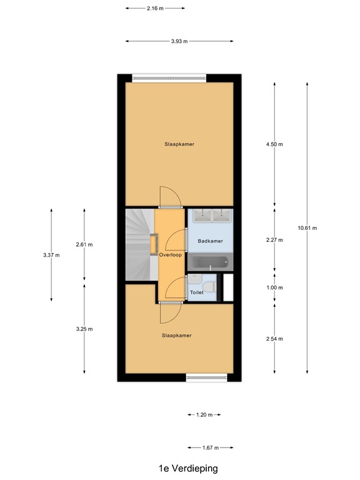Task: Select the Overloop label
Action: click(170, 256)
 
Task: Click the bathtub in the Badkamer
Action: click(210, 262)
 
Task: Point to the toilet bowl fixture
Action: click(211, 286)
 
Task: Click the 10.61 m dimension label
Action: click(307, 228)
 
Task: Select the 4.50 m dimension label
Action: click(274, 144)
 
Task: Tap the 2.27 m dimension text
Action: click(274, 240)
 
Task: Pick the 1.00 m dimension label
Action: click(274, 288)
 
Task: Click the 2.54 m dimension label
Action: click(274, 339)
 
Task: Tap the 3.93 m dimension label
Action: click(179, 42)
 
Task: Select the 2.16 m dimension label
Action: click(155, 9)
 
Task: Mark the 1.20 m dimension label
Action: click(204, 415)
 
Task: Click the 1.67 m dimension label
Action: click(210, 447)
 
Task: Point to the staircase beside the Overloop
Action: click(139, 244)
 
